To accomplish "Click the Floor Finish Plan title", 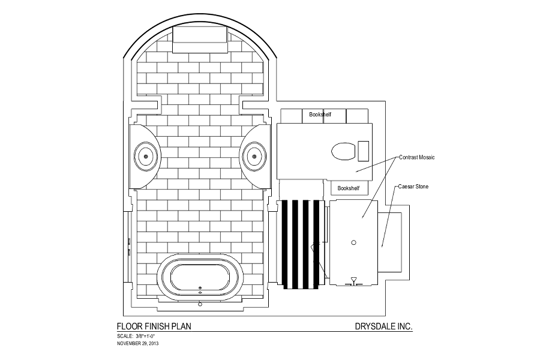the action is [154, 326].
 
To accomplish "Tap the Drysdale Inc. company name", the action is [383, 326].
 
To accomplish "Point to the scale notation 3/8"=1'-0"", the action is [146, 336].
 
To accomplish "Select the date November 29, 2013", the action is [138, 343].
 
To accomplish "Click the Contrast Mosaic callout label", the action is [417, 157].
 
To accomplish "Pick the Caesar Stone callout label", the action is [413, 187].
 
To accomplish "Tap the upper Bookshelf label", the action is [320, 115].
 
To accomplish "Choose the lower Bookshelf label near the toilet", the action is [348, 188].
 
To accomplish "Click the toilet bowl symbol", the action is [343, 151].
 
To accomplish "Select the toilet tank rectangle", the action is [364, 151].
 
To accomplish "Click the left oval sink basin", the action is [146, 157].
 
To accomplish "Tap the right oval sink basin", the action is [254, 157].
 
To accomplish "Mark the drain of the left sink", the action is [146, 157].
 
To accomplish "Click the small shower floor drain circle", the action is [353, 242].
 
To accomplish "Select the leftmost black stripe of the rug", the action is [284, 244].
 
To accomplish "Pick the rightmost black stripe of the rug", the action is [316, 244].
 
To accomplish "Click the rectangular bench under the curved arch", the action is [200, 39].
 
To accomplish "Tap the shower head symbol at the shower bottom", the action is [353, 281].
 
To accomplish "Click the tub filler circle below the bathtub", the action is [200, 304].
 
